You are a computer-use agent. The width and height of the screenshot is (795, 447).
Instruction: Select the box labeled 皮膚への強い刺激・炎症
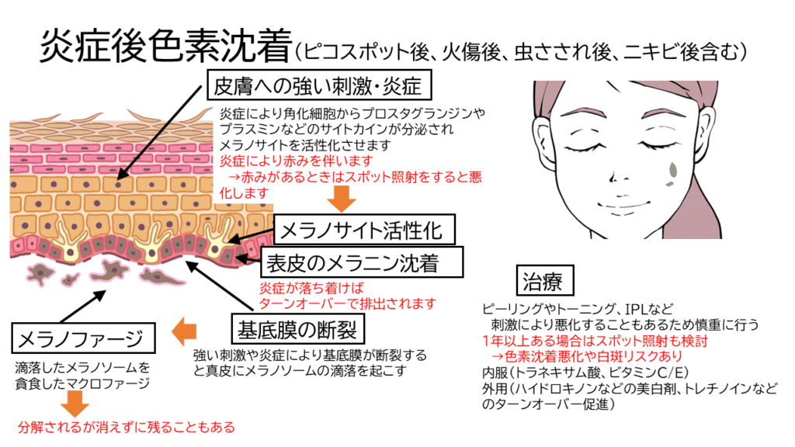pos(318,84)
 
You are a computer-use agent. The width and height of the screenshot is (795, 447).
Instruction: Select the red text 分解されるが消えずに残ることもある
pos(126,427)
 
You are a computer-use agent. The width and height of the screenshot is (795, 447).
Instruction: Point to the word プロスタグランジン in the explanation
pos(414,114)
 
